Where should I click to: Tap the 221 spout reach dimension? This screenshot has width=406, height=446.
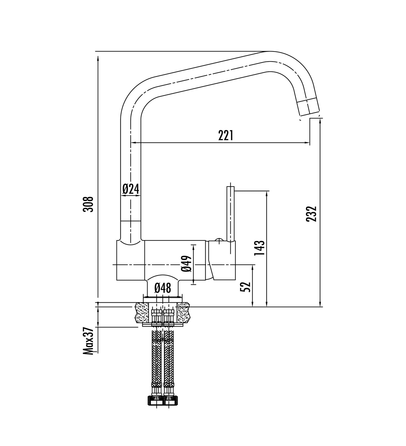point(226,136)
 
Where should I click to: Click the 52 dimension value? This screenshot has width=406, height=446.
point(246,287)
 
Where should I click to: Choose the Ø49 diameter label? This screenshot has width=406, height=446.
point(187,264)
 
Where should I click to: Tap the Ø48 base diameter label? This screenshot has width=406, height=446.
point(163,288)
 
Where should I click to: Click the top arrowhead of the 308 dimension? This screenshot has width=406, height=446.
point(98,58)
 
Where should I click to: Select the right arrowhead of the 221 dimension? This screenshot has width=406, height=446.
point(307,143)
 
